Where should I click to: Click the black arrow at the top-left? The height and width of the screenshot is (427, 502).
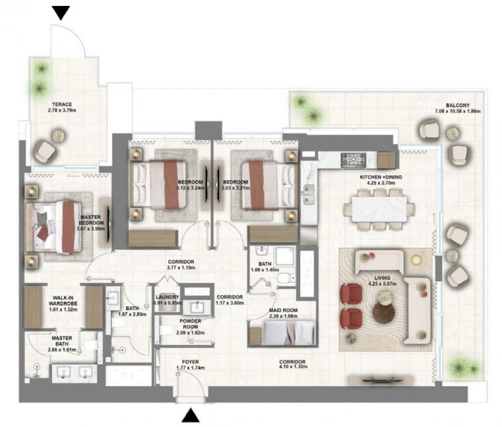[x=61, y=13]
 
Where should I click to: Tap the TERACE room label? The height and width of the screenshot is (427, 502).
[x=62, y=104]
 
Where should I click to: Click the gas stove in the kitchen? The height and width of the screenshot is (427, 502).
[x=354, y=159]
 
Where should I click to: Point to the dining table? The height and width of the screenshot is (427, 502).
[x=379, y=209]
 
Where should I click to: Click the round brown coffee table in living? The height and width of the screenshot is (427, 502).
[x=383, y=312]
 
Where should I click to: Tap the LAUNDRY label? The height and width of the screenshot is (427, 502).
[x=167, y=297]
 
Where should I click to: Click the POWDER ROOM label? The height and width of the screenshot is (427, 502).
[x=190, y=324]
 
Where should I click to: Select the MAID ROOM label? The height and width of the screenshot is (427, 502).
[x=283, y=310]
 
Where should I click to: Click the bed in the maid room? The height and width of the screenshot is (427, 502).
[x=289, y=332]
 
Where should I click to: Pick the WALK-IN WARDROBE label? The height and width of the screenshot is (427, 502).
[x=63, y=301]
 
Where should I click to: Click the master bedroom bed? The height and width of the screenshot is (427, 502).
[x=54, y=227]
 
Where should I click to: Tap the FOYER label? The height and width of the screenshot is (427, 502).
[x=190, y=362]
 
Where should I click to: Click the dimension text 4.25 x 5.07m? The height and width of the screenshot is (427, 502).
[x=382, y=284]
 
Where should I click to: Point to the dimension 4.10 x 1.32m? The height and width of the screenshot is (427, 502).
[x=292, y=366]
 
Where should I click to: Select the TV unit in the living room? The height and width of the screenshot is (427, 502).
[x=380, y=380]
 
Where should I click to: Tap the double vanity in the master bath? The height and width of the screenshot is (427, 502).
[x=75, y=372]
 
